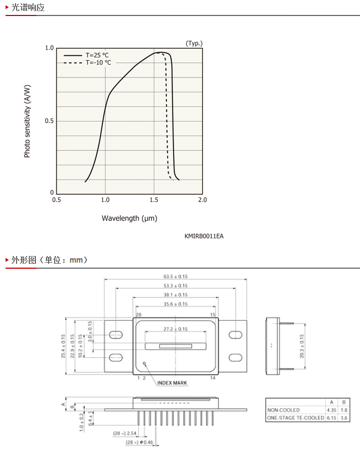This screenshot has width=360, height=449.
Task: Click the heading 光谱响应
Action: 28,7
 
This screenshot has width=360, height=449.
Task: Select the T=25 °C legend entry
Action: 86,55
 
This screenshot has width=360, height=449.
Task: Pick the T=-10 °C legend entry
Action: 87,62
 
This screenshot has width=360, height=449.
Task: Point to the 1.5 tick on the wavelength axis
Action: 154,200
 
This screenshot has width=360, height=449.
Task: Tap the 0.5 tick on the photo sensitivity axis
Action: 49,121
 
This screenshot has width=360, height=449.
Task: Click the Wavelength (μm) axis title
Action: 129,218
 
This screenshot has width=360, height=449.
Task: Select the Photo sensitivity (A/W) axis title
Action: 27,121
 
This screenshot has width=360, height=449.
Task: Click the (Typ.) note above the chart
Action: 194,43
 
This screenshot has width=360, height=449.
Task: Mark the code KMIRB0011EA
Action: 204,236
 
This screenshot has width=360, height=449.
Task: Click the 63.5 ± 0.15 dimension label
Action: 175,276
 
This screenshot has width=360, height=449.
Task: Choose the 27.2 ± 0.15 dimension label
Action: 175,329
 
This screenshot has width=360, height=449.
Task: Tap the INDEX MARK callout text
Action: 172,383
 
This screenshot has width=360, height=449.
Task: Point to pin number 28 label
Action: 139,315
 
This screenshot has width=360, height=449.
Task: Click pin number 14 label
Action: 212,378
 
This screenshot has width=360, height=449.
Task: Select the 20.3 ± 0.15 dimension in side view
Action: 301,346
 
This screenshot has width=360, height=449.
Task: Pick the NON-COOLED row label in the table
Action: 284,410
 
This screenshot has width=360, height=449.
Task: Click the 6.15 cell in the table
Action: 332,418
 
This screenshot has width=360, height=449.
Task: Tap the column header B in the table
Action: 344,402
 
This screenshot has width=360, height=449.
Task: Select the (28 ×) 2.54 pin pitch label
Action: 124,434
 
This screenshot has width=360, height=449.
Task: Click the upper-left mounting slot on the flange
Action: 116,335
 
